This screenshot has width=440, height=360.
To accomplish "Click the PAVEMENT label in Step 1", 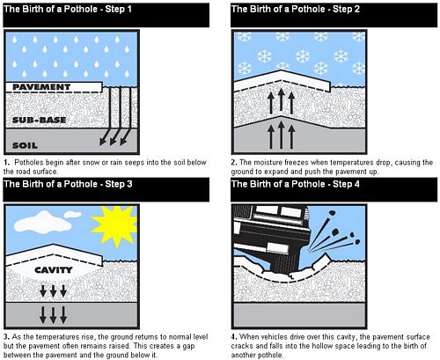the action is click(x=41, y=87).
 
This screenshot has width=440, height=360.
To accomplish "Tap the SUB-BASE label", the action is click(x=39, y=120).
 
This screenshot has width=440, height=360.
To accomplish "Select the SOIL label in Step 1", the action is click(x=25, y=145).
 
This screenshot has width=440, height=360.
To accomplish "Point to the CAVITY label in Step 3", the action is click(x=54, y=270).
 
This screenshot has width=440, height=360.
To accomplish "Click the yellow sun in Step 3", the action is click(x=114, y=225).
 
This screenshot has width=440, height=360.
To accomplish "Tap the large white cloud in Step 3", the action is click(x=43, y=223).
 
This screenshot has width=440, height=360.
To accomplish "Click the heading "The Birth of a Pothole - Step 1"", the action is click(x=68, y=9).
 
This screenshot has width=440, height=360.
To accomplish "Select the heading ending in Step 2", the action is click(x=296, y=9).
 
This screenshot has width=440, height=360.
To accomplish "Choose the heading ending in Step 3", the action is click(x=68, y=184).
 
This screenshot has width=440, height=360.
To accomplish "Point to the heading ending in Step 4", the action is click(x=296, y=184).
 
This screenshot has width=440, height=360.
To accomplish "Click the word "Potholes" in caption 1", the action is click(x=29, y=162).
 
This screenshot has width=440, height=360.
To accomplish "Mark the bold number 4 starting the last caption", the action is click(x=233, y=337).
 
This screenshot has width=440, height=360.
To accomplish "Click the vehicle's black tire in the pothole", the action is click(x=281, y=261).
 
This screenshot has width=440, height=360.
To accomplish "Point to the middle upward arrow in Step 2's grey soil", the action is click(x=281, y=135).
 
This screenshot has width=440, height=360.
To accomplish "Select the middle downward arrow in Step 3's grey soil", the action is click(x=53, y=315).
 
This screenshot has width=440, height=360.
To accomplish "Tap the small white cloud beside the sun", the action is click(x=73, y=215).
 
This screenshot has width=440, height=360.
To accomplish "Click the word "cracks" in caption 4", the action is click(x=241, y=346).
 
